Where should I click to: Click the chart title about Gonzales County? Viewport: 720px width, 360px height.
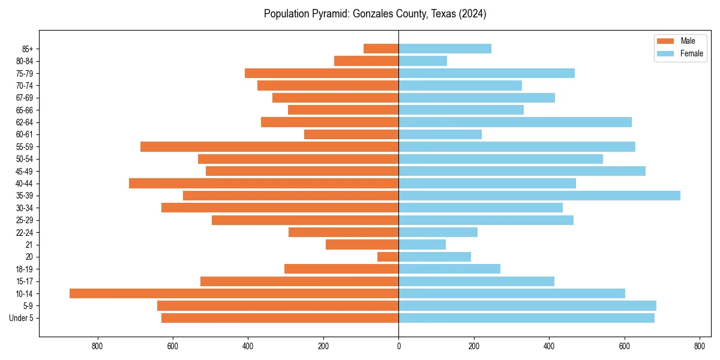pyautogui.click(x=374, y=14)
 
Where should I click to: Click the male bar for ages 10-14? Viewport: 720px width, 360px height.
pyautogui.click(x=234, y=293)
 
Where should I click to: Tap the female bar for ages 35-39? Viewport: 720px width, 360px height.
pyautogui.click(x=539, y=196)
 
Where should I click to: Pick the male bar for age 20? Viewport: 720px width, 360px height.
pyautogui.click(x=388, y=257)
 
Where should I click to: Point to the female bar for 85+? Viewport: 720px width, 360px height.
pyautogui.click(x=445, y=49)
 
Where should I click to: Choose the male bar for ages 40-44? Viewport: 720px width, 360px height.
pyautogui.click(x=264, y=183)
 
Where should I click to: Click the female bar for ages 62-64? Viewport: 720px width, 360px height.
pyautogui.click(x=515, y=122)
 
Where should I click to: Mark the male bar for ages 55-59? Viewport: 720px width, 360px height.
pyautogui.click(x=269, y=146)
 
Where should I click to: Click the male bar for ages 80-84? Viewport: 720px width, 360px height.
pyautogui.click(x=367, y=61)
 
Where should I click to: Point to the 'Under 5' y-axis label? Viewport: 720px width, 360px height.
pyautogui.click(x=21, y=318)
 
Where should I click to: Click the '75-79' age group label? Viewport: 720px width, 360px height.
pyautogui.click(x=25, y=73)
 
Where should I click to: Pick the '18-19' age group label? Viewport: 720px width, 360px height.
pyautogui.click(x=25, y=269)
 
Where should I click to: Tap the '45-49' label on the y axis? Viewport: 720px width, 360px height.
pyautogui.click(x=25, y=171)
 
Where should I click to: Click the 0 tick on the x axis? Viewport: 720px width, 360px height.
pyautogui.click(x=398, y=346)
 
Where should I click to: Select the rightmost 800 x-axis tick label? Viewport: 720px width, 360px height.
pyautogui.click(x=700, y=346)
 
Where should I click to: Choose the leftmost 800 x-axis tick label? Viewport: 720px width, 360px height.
pyautogui.click(x=97, y=346)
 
